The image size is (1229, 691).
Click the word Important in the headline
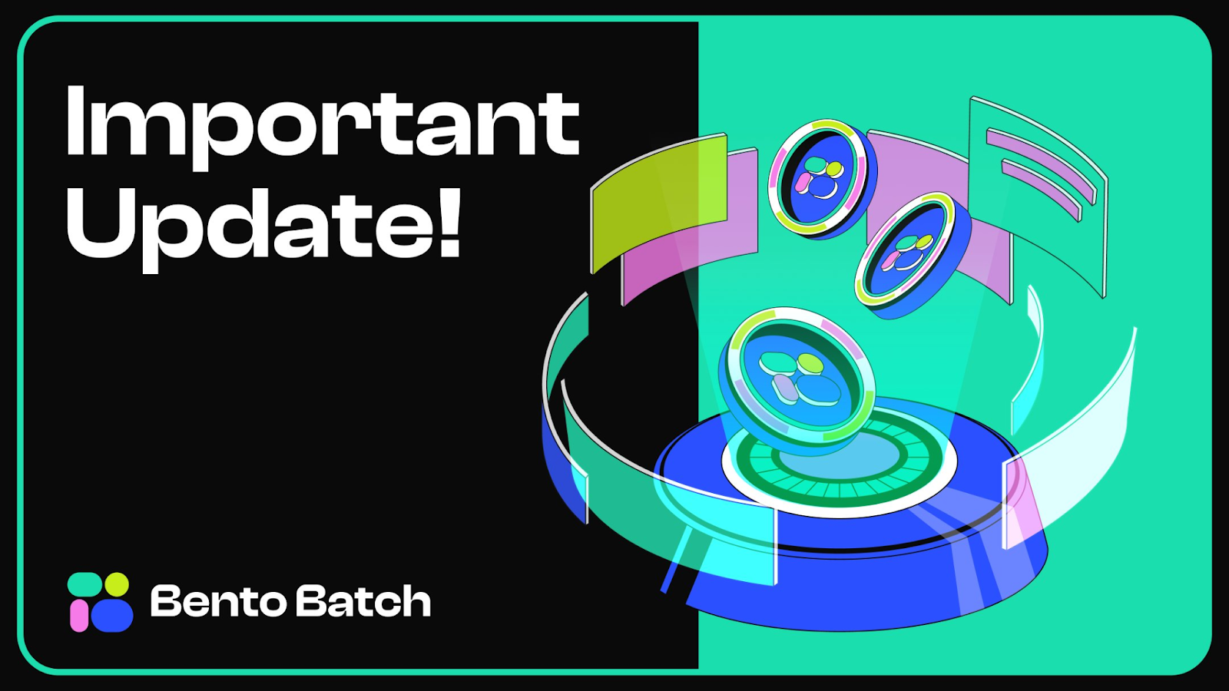coord(323,123)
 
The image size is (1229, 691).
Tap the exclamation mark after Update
coord(450,219)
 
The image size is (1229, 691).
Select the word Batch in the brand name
coord(363,601)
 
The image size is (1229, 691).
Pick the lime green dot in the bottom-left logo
coord(117,584)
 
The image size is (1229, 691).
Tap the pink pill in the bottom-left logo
coord(78,615)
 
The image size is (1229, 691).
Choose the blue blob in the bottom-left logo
coord(111,615)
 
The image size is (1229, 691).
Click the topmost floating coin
coord(819,177)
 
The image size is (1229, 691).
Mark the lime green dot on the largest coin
coord(810,361)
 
